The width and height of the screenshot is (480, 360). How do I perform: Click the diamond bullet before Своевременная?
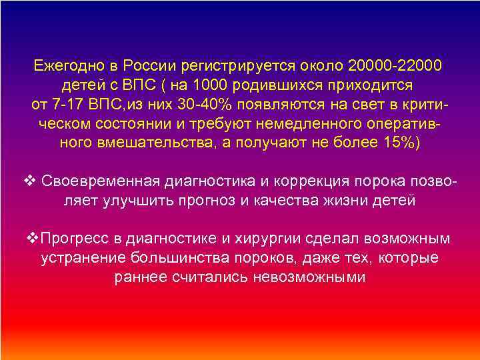click(29, 181)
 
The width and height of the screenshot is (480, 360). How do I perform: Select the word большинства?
click(169, 258)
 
